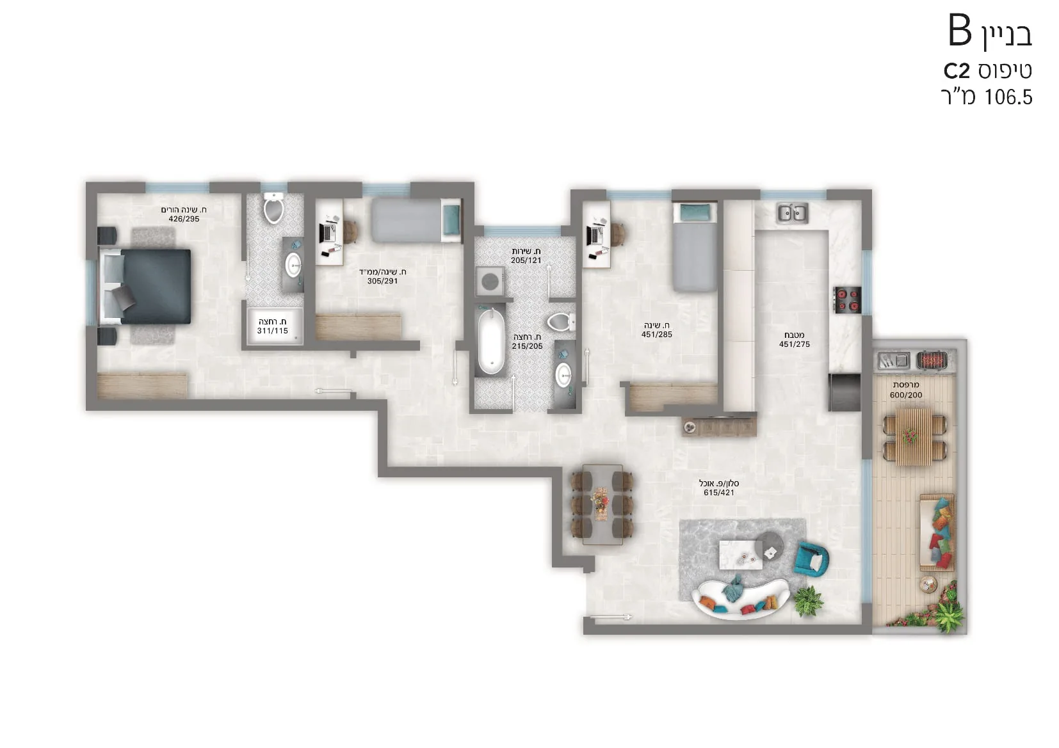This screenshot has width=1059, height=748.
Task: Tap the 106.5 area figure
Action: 1008,97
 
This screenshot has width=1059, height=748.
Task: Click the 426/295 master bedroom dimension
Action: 184,219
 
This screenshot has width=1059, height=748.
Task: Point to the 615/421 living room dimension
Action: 718,492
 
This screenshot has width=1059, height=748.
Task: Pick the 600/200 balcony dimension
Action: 906,395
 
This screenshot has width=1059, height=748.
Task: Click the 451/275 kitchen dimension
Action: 794,344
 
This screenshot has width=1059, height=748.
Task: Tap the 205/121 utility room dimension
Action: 526,260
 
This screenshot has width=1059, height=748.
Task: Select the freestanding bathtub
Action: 490,341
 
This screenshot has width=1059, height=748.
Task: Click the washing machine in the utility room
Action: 489,282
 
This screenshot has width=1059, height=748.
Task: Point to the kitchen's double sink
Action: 793,213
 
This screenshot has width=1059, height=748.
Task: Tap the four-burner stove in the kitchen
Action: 846,300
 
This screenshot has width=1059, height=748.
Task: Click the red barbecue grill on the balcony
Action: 932,360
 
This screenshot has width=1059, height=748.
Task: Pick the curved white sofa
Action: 740,600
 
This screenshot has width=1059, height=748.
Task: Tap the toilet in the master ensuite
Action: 273,207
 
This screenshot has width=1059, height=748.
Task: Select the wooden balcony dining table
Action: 914,436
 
